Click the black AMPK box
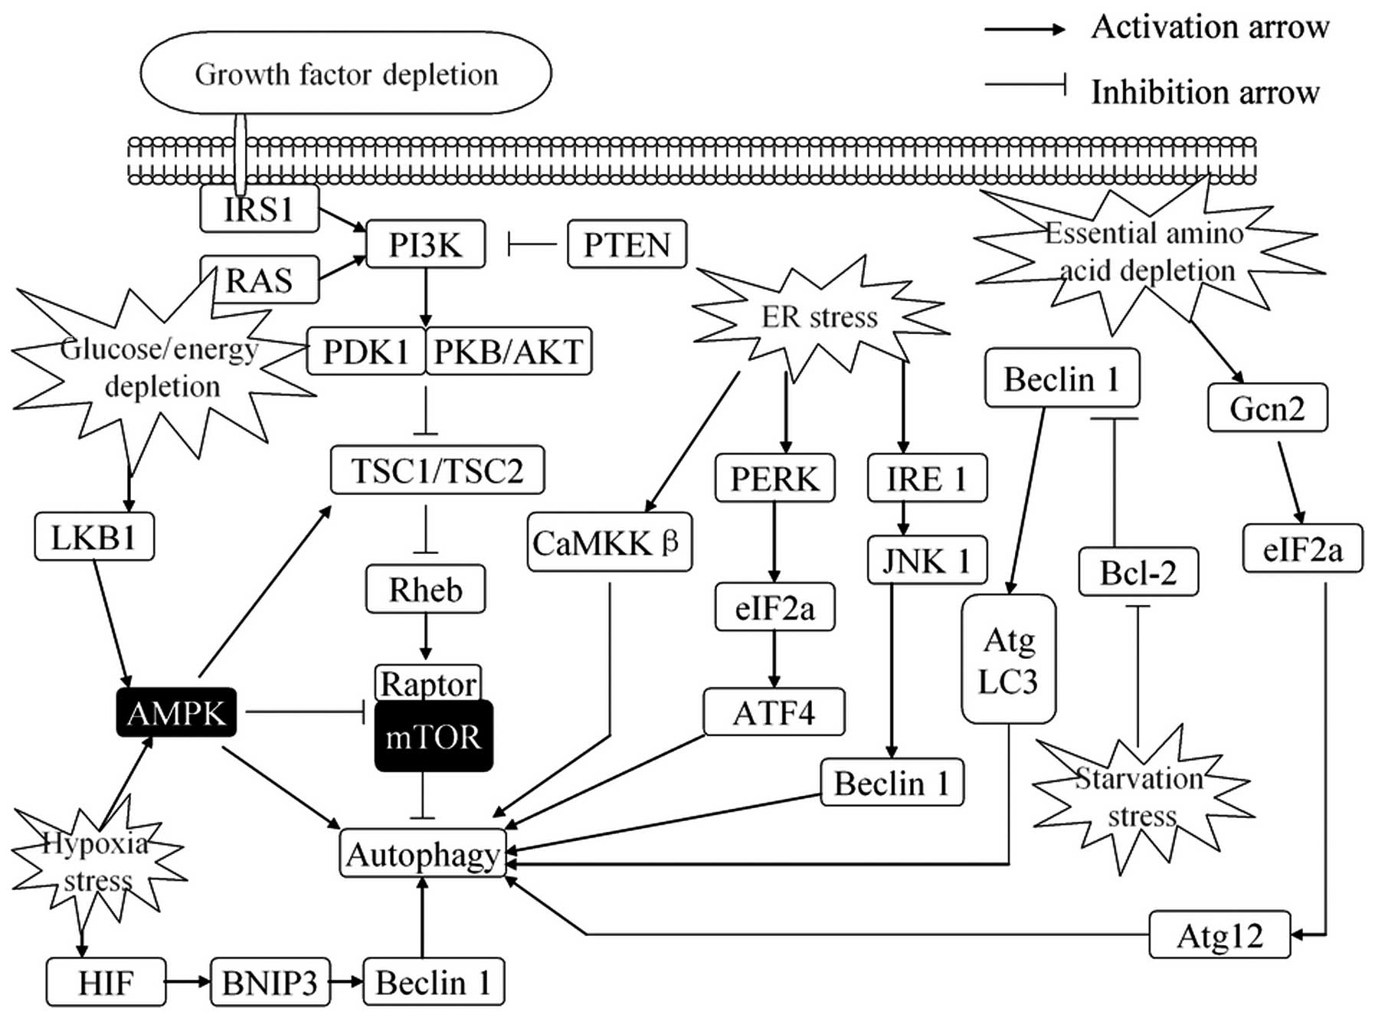coord(176,712)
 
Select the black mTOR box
coord(434,737)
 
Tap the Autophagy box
coord(423,853)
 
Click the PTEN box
coord(627,244)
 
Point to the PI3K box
coord(426,244)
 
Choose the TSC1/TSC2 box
coord(437,470)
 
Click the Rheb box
coord(426,589)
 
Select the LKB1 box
coord(94,537)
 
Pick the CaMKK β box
coord(610,543)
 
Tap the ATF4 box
coord(774,712)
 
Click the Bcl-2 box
coord(1138,572)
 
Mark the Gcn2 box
coord(1267,408)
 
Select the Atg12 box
coord(1219,935)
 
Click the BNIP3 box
coord(270,982)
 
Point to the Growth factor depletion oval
coord(346,74)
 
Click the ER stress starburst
coord(820,316)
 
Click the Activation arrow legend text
coord(1210,28)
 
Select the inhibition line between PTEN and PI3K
coord(533,245)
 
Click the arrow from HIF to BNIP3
coord(188,981)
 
